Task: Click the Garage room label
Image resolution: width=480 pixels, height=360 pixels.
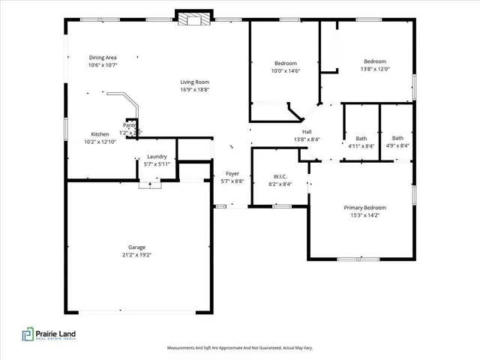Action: point(136,247)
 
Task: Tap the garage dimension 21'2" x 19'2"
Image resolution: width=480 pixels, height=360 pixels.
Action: point(136,255)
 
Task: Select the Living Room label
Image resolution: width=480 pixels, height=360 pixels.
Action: point(194,82)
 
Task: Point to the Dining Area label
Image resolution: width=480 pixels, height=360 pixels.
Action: point(103,58)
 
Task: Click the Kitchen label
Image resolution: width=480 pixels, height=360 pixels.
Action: point(100,133)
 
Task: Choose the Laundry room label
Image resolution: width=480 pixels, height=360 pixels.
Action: point(156,156)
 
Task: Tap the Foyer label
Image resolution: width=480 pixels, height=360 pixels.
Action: point(232,173)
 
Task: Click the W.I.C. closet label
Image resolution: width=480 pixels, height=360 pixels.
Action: point(279,176)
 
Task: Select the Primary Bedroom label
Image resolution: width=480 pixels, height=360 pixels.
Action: point(364,208)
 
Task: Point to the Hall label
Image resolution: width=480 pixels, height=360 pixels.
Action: point(307,131)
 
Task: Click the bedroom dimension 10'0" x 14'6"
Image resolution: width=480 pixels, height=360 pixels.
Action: point(285,71)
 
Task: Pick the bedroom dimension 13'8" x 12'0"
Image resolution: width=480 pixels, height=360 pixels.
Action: point(375,69)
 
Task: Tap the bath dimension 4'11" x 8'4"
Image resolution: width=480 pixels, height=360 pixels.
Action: point(361,146)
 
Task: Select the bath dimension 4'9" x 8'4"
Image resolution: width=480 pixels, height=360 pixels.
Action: point(397,146)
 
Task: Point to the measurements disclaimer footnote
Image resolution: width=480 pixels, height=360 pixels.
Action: point(240,348)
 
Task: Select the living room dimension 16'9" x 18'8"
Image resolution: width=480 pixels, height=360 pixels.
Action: point(194,90)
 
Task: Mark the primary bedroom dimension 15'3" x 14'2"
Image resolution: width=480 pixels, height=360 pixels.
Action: point(364,215)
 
